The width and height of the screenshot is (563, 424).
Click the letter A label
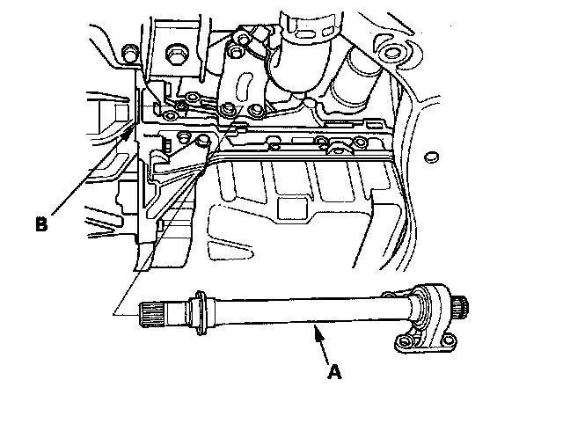click(x=333, y=372)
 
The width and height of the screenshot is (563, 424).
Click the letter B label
click(x=40, y=224)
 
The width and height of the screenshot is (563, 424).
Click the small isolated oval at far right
click(x=430, y=157)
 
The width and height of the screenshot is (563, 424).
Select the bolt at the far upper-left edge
click(x=128, y=56)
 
